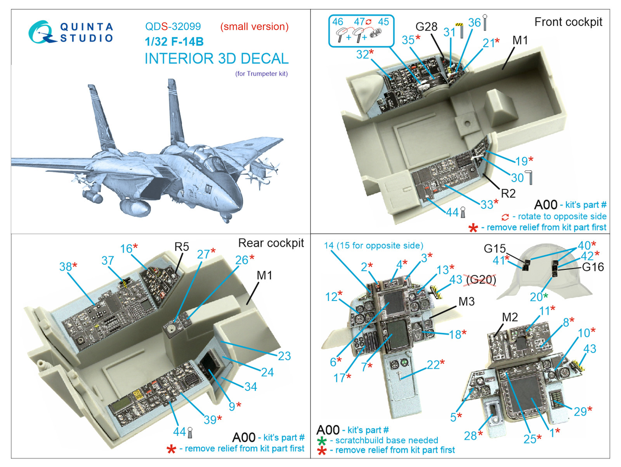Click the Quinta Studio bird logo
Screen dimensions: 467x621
pos(40,33)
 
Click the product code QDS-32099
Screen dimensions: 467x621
pos(173,26)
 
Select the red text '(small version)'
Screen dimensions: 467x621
pos(254,26)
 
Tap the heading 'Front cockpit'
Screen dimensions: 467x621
pos(568,22)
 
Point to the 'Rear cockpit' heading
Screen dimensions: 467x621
pos(271,243)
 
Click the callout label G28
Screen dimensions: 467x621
pos(426,27)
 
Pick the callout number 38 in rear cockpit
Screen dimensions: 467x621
pos(66,267)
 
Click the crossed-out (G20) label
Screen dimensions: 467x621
pos(481,280)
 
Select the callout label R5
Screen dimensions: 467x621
pos(181,247)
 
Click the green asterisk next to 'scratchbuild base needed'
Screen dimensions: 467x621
pos(322,441)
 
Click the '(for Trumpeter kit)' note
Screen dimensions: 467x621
pos(261,74)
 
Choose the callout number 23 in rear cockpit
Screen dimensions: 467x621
pos(284,356)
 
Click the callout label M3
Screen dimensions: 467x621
pos(466,302)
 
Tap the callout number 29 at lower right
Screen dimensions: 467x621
pos(580,412)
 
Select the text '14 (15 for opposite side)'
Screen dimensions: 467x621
pos(373,246)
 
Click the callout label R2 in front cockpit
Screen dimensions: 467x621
pos(508,193)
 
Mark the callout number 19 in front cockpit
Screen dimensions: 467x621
pos(521,161)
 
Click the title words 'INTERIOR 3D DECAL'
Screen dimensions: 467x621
pos(216,59)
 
